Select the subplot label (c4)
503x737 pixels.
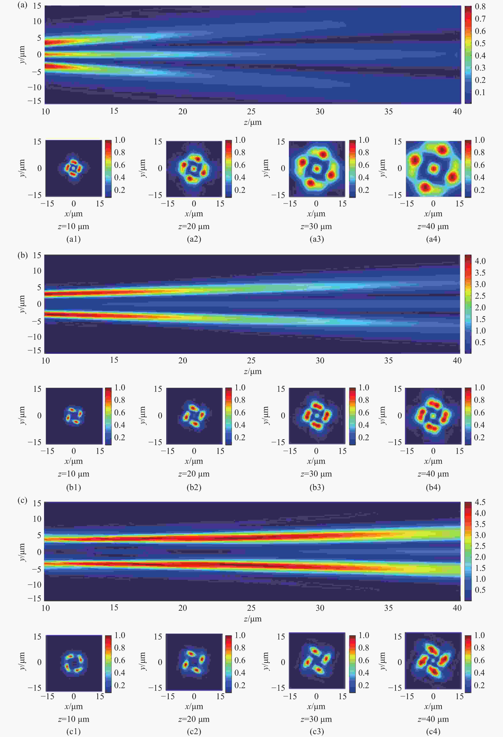(433, 731)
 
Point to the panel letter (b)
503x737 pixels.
(22, 255)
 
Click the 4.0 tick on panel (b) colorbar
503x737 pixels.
(480, 261)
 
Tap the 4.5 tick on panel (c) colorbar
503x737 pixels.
(480, 502)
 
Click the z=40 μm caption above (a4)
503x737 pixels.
(433, 226)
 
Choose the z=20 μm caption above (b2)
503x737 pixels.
(194, 474)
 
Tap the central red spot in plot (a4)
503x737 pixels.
(433, 168)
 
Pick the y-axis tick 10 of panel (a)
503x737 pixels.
(37, 21)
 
